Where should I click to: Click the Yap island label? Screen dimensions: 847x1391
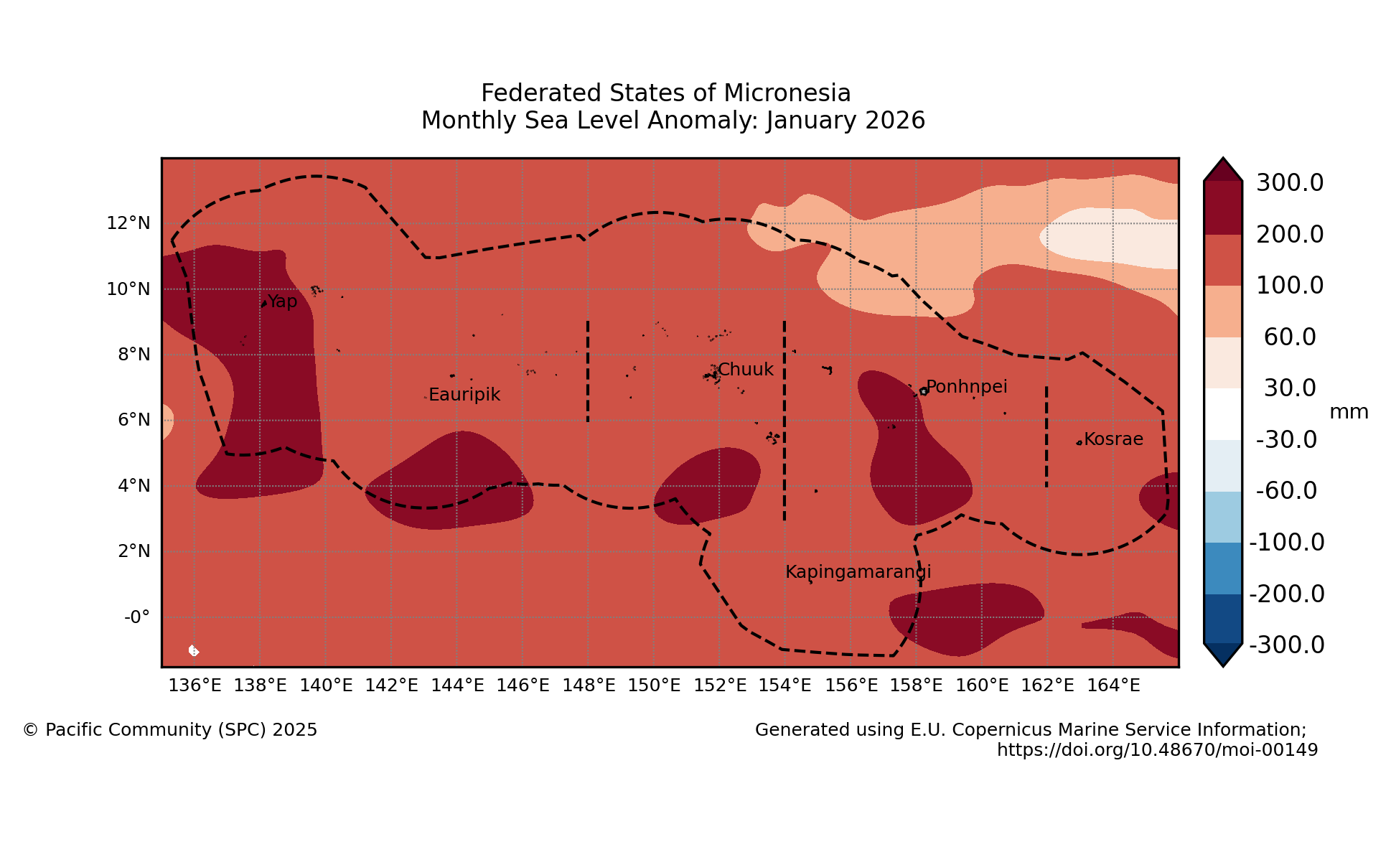click(282, 301)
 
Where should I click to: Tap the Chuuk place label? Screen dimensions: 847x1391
click(745, 370)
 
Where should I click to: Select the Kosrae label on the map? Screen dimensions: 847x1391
click(1113, 439)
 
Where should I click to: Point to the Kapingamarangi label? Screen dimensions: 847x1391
click(858, 572)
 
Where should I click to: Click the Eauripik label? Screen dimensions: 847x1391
click(464, 395)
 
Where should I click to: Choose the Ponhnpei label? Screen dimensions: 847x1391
click(967, 387)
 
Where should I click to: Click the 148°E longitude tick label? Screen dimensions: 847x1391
click(589, 685)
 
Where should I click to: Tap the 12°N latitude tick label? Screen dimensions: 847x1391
click(128, 223)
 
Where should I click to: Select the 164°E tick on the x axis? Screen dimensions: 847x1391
click(1113, 685)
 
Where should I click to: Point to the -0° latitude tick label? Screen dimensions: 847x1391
click(136, 617)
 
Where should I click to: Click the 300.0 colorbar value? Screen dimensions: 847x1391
click(1289, 183)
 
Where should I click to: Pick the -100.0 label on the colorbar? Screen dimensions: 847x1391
click(1287, 543)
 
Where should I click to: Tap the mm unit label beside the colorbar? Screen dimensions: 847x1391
click(1349, 412)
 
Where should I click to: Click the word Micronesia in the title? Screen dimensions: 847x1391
click(787, 93)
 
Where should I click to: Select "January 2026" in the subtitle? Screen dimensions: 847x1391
click(845, 121)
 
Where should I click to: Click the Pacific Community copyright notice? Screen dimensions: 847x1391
click(170, 730)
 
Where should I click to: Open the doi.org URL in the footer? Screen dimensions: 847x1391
click(1157, 750)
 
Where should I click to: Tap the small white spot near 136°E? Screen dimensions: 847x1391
click(193, 650)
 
